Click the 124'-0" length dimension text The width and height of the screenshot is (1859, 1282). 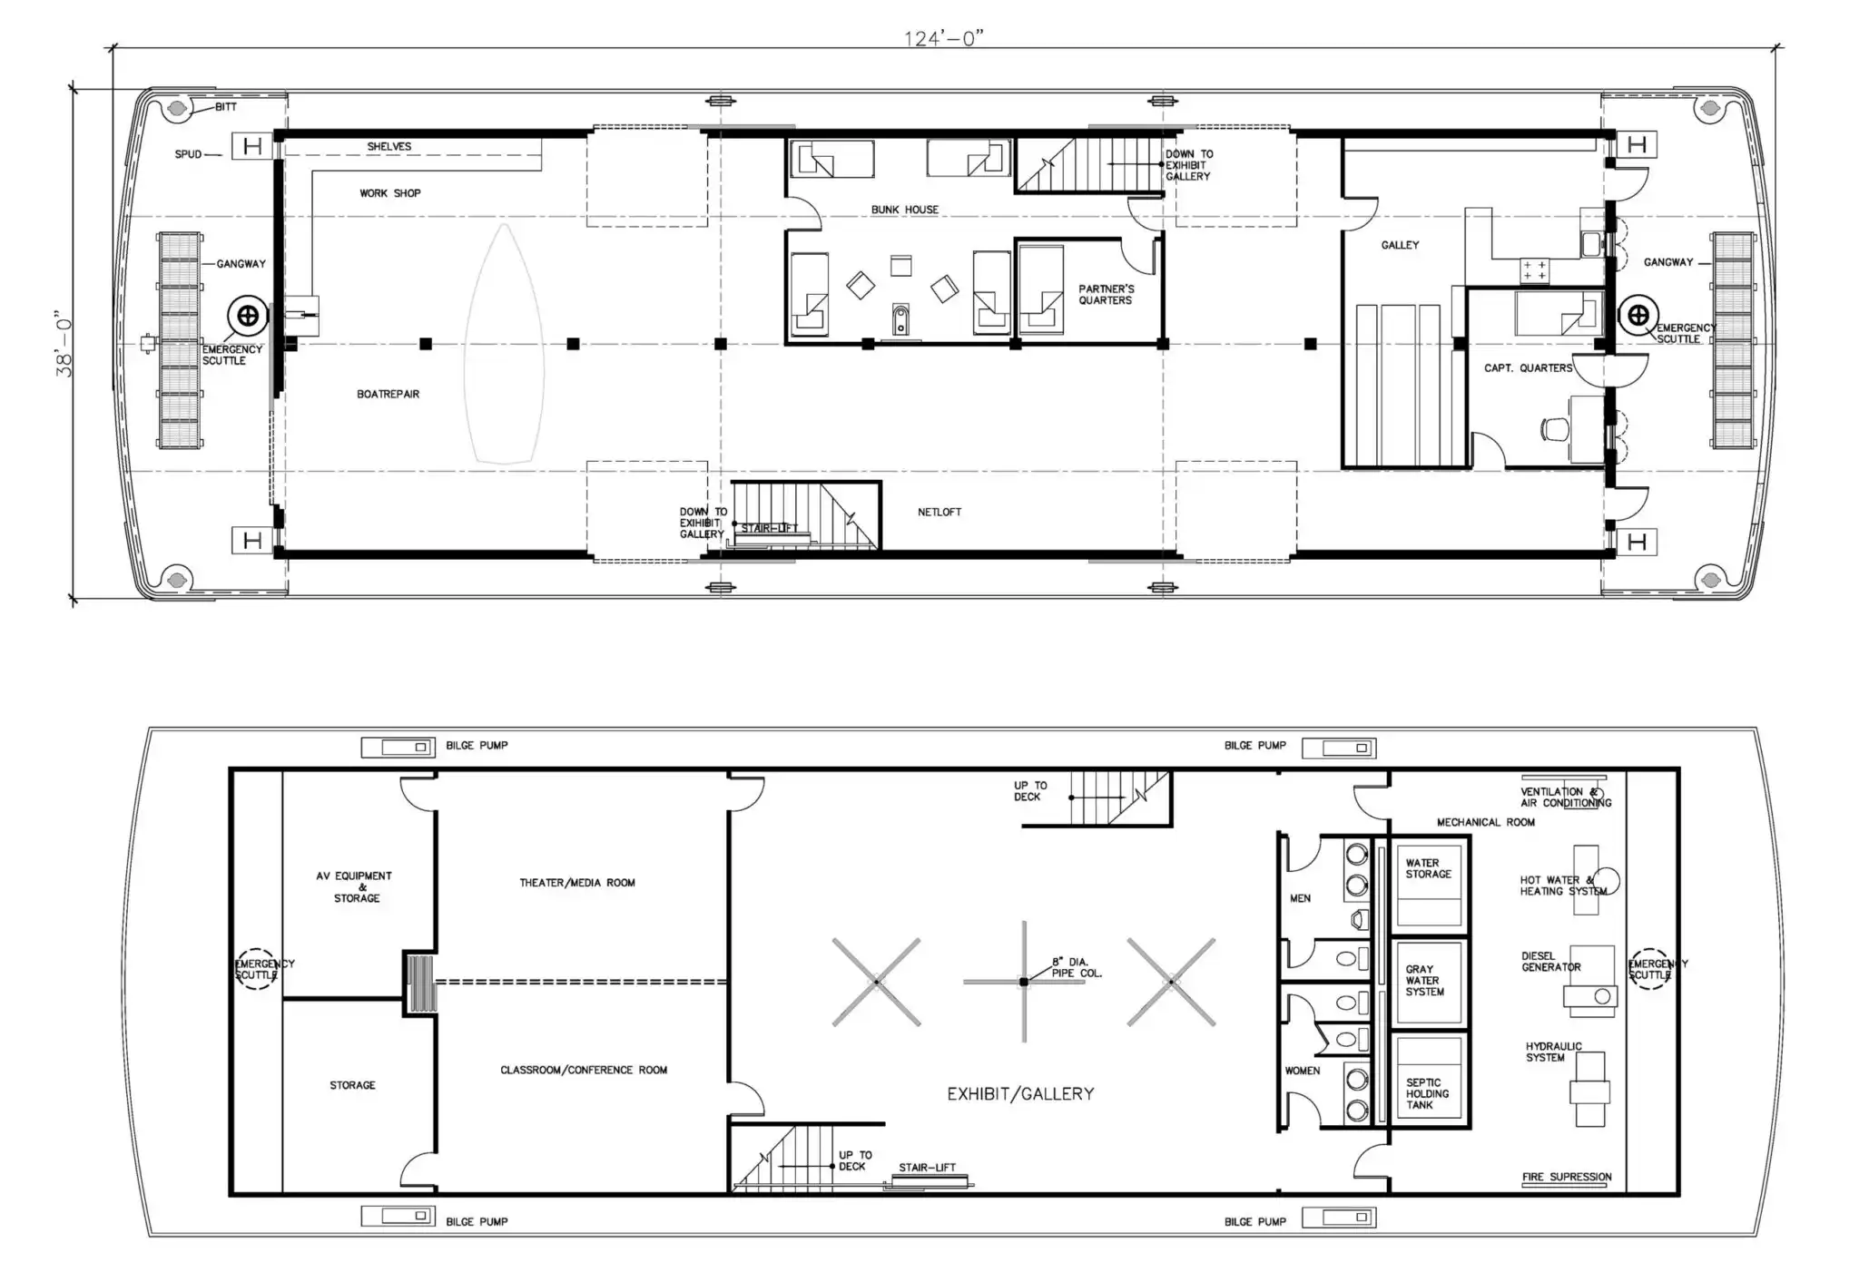[x=944, y=38]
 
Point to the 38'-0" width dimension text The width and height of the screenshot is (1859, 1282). [x=64, y=343]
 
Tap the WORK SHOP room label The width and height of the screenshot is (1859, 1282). [x=390, y=193]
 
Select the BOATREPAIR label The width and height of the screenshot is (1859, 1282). [x=388, y=394]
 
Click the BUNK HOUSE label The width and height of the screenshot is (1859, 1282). [x=905, y=210]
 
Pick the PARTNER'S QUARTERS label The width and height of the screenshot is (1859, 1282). [x=1106, y=295]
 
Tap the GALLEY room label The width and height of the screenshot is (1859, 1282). [x=1400, y=245]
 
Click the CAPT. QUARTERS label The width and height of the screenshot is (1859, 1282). [x=1529, y=368]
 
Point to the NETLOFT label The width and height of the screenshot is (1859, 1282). [x=939, y=513]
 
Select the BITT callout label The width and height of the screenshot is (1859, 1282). [x=226, y=107]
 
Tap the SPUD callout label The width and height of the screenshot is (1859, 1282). [x=188, y=154]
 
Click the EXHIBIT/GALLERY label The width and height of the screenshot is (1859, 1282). [x=1020, y=1094]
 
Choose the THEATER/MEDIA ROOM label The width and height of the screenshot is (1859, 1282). [x=577, y=883]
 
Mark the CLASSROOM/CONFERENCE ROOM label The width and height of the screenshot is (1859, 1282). [x=584, y=1071]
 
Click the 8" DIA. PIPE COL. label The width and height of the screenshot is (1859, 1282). [x=1077, y=967]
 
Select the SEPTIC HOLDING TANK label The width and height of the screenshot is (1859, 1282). [x=1427, y=1094]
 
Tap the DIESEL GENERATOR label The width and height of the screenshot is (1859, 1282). [x=1550, y=962]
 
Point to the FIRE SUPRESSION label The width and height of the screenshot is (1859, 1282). [x=1567, y=1178]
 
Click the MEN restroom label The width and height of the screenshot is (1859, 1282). [x=1300, y=898]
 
